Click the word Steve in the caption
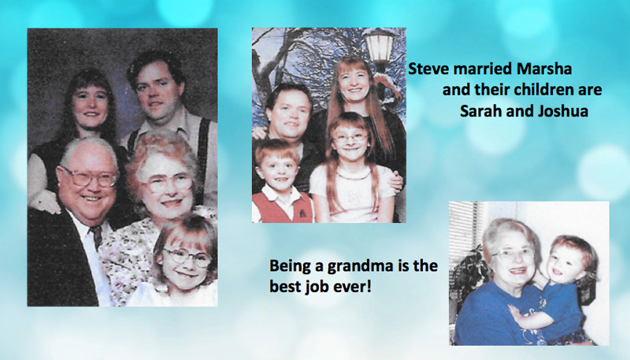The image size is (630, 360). pyautogui.click(x=428, y=69)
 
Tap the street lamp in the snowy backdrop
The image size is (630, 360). pyautogui.click(x=380, y=46)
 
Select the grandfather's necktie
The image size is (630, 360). pyautogui.click(x=97, y=236)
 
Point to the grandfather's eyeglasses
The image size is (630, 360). pyautogui.click(x=87, y=176)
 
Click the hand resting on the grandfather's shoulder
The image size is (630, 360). pyautogui.click(x=43, y=202)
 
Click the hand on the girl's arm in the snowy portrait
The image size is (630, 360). pyautogui.click(x=396, y=180)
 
